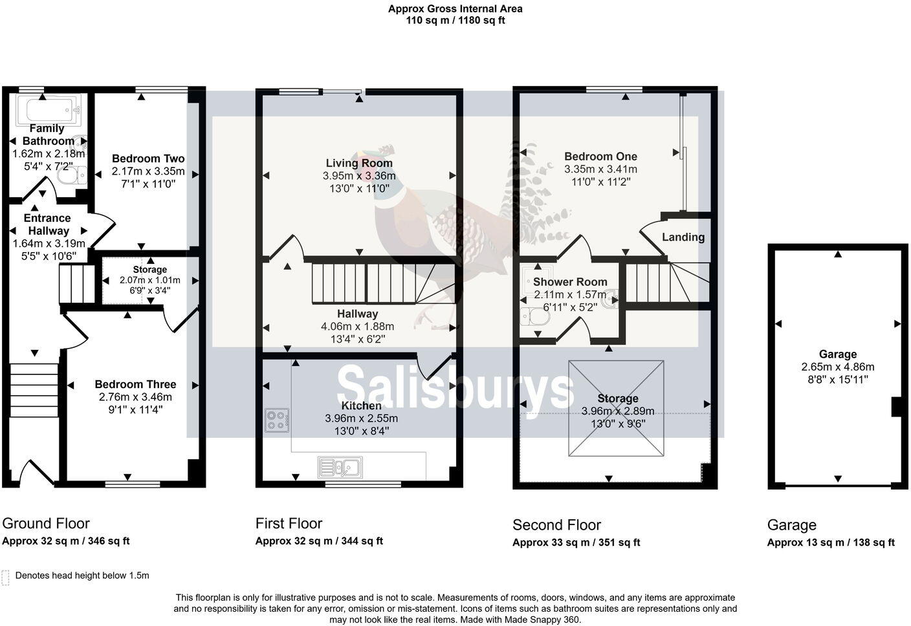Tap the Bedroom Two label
148,158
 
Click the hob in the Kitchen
277,420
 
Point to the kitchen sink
340,466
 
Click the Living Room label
359,163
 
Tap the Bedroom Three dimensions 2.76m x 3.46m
135,397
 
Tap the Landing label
683,237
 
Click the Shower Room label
570,282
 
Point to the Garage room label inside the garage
838,354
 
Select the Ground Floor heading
46,524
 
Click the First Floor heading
289,524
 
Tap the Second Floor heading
556,525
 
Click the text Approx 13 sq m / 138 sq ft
831,543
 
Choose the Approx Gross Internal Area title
455,9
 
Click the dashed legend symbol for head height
6,577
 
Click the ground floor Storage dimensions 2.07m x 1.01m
149,281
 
